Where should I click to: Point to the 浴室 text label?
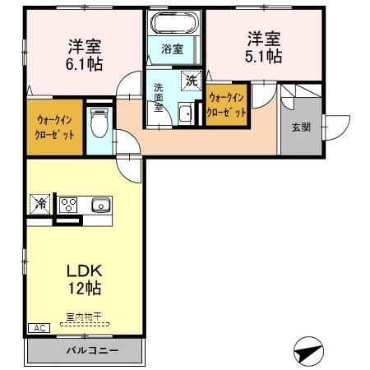pyautogui.click(x=172, y=49)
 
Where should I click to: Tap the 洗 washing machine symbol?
pyautogui.click(x=192, y=81)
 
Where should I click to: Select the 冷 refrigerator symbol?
pyautogui.click(x=39, y=202)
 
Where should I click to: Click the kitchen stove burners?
pyautogui.click(x=67, y=205)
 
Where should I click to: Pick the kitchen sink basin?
pyautogui.click(x=99, y=205)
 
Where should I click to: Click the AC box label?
pyautogui.click(x=37, y=328)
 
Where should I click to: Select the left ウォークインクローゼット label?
pyautogui.click(x=54, y=127)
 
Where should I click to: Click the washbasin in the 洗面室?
pyautogui.click(x=186, y=114)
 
